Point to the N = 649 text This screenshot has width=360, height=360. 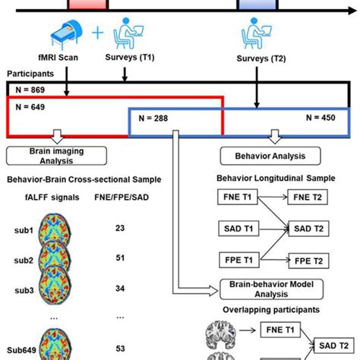30,107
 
